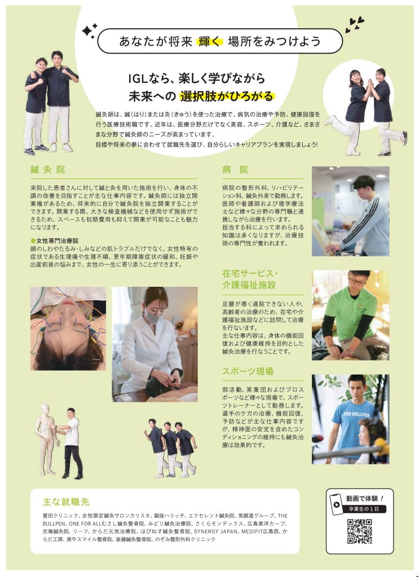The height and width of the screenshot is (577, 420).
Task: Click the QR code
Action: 359,531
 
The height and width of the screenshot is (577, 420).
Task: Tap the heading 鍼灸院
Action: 48,170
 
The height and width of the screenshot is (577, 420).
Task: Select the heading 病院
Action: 235,170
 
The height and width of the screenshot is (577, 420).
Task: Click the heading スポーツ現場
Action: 247,371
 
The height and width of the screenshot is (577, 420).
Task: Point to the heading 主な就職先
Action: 67,502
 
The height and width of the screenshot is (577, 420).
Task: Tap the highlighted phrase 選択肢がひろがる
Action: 227,96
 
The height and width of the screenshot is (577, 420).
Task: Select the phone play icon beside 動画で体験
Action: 335,504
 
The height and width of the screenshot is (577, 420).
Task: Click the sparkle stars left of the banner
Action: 90,31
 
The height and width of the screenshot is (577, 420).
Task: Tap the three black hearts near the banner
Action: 355,25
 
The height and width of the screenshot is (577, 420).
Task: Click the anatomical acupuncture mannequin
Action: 46,440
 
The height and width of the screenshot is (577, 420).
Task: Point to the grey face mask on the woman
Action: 152,316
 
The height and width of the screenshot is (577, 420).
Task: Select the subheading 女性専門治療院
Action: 58,241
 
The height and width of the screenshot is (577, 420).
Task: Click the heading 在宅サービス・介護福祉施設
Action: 250,279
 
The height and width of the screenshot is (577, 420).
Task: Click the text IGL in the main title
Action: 138,78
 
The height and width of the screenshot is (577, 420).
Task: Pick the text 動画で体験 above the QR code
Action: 362,499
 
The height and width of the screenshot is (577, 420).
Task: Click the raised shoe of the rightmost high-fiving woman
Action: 405,137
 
